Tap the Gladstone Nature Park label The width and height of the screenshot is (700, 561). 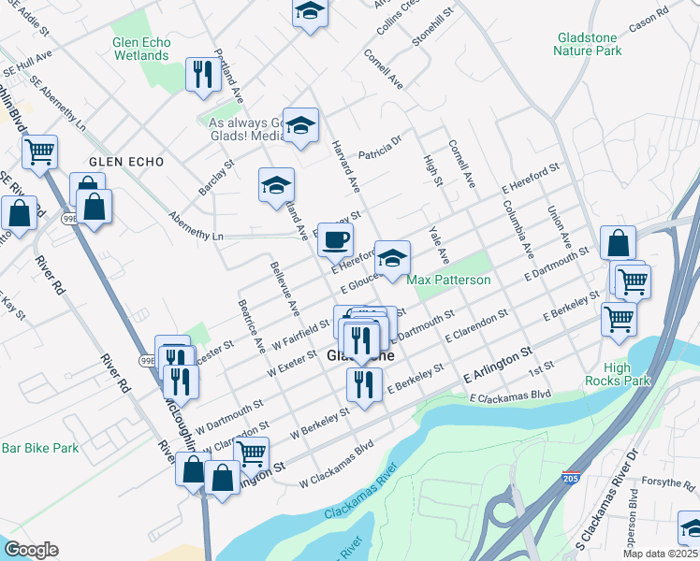coord(588,44)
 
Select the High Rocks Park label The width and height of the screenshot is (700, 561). coord(618,374)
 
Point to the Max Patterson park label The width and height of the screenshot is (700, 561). coord(449,280)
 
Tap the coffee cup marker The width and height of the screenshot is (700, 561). coord(334,240)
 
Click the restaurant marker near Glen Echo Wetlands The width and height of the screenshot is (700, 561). coord(202,75)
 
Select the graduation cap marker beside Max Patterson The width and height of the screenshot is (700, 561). coord(392,257)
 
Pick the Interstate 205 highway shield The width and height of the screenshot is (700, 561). coord(571,479)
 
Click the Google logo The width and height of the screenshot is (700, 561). coord(31,550)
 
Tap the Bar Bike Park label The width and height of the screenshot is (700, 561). coord(39,448)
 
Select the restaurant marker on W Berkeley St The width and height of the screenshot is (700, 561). coord(364,383)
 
